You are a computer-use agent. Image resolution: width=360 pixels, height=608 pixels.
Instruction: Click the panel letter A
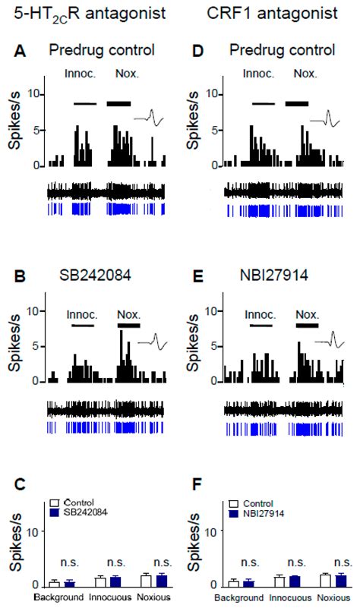[x=22, y=50]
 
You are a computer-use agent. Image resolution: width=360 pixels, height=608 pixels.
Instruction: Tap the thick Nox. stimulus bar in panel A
[x=119, y=103]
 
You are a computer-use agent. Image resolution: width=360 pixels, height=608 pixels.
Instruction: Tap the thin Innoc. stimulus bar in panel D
[x=263, y=104]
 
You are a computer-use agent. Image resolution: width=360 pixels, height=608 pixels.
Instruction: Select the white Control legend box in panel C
[x=55, y=502]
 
